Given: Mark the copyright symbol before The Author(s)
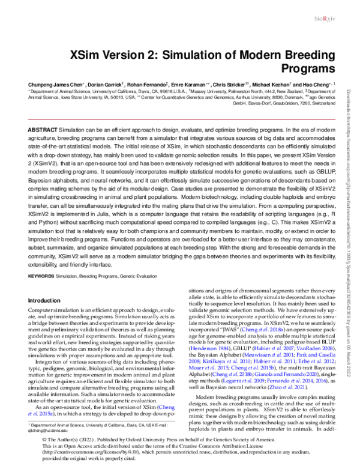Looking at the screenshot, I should click(x=43, y=440).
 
